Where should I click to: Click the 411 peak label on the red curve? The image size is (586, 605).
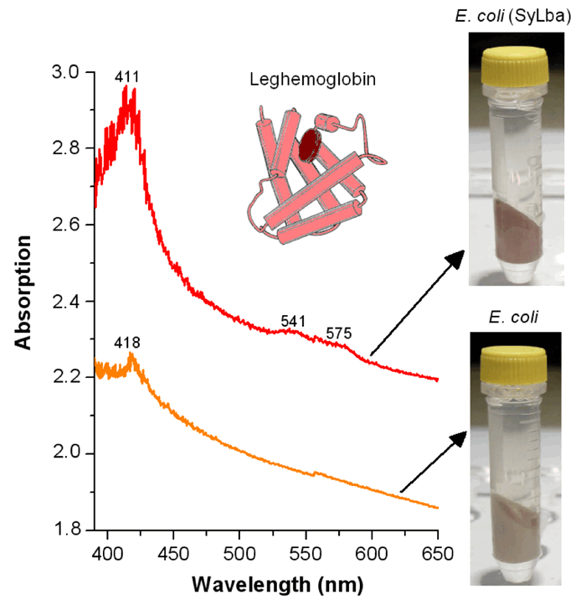click(x=127, y=78)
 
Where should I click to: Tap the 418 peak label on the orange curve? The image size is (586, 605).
click(x=127, y=343)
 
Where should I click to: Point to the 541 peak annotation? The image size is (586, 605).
click(x=293, y=321)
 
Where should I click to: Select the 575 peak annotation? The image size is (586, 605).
click(x=339, y=334)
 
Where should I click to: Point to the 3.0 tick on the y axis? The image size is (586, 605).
click(x=70, y=72)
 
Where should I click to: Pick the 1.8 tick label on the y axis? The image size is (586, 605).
click(x=70, y=530)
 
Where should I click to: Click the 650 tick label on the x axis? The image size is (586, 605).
click(x=438, y=554)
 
